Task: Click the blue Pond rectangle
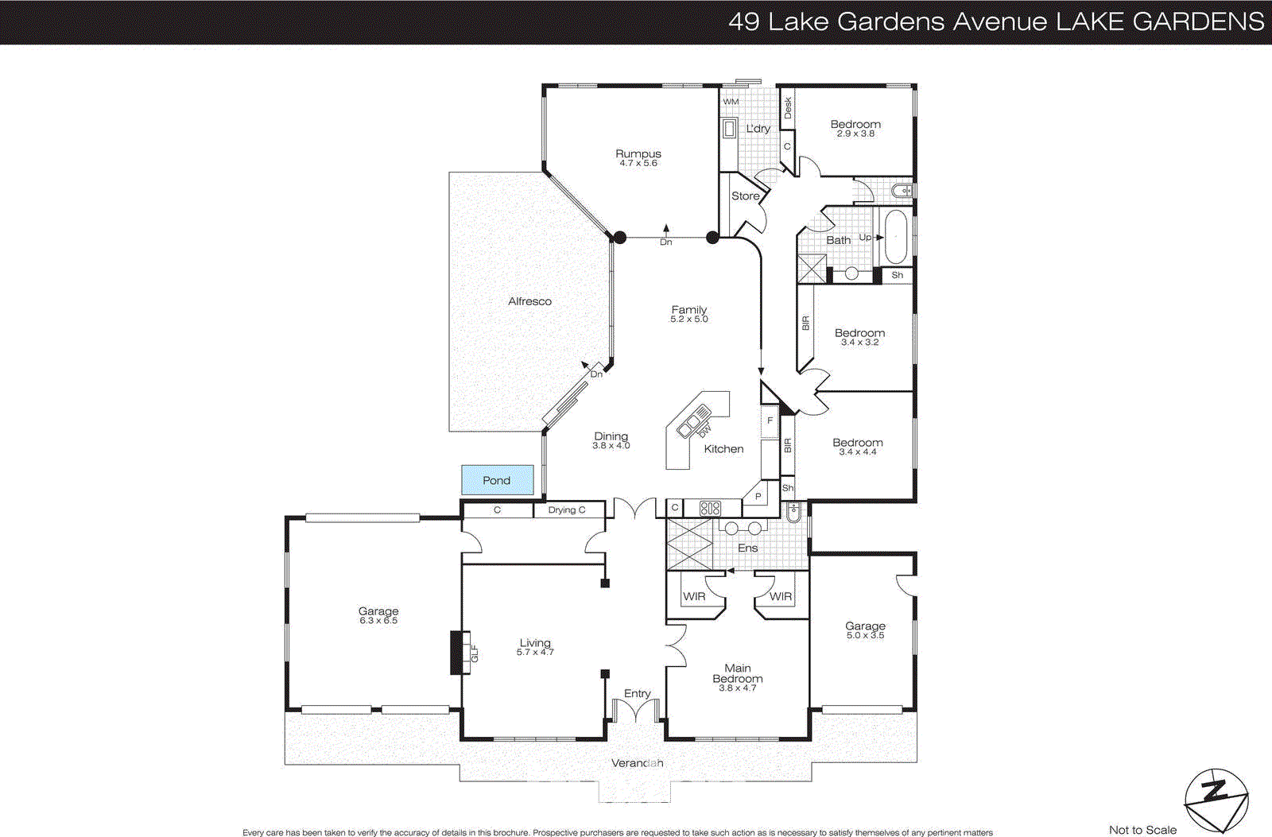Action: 497,480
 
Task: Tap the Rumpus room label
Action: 638,154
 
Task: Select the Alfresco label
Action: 529,301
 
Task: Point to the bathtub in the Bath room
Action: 896,236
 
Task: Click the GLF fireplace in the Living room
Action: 460,653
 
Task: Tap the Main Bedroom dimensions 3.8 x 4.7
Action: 738,688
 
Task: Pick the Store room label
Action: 745,196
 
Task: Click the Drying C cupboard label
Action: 567,510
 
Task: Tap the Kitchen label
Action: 723,449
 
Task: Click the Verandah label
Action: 637,763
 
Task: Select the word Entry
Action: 637,694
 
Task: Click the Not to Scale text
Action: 1142,830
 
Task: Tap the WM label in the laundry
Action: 731,102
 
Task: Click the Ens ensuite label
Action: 747,548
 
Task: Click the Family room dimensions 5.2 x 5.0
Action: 688,320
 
